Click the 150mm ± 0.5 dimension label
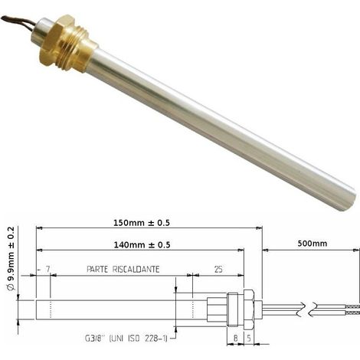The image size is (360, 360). pyautogui.click(x=142, y=223)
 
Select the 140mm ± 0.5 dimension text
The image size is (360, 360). pyautogui.click(x=142, y=245)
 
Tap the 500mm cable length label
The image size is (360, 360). pyautogui.click(x=313, y=244)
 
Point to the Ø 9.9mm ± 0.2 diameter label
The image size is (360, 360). pyautogui.click(x=11, y=258)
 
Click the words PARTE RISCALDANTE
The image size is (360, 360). pyautogui.click(x=123, y=270)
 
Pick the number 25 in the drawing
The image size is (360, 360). pyautogui.click(x=218, y=270)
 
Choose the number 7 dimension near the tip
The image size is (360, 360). pyautogui.click(x=47, y=269)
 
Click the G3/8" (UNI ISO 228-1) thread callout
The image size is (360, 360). pyautogui.click(x=126, y=339)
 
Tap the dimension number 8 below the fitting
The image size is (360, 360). pyautogui.click(x=235, y=339)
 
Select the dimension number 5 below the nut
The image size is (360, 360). pyautogui.click(x=249, y=339)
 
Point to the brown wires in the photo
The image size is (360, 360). pyautogui.click(x=18, y=21)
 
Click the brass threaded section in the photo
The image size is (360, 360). pyautogui.click(x=77, y=48)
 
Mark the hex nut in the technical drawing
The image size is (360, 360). pyautogui.click(x=248, y=309)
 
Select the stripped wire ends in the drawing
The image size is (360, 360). pyautogui.click(x=352, y=309)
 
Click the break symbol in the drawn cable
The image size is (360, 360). pyautogui.click(x=308, y=309)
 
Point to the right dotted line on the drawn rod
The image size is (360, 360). pyautogui.click(x=193, y=309)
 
